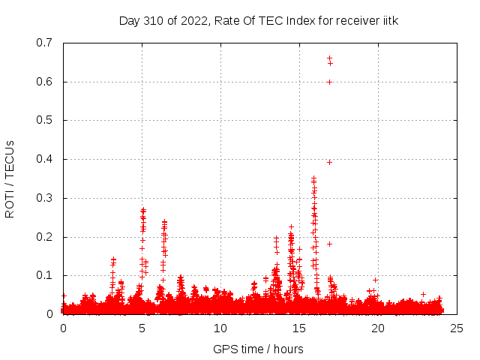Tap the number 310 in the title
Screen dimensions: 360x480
point(152,20)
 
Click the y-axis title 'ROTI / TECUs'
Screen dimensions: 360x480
point(10,178)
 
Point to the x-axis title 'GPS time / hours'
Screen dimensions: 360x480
point(258,349)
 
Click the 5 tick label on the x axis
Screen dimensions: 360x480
point(142,328)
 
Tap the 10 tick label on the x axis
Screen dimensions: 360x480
point(220,328)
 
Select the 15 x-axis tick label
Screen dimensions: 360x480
point(299,328)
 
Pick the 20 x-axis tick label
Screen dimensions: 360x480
point(378,328)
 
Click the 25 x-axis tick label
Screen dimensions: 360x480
point(457,328)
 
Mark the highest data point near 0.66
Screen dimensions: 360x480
point(329,58)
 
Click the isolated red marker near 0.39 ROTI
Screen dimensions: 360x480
point(329,162)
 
